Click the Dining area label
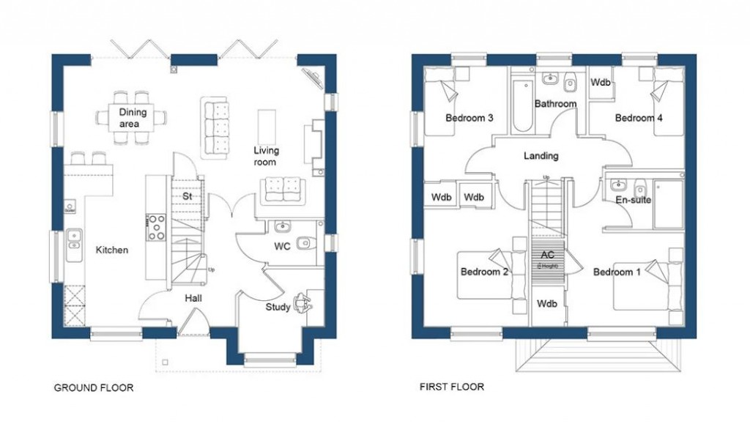(133, 118)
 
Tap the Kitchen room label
(112, 250)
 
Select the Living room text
(266, 156)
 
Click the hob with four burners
(157, 227)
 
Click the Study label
(278, 308)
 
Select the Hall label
(193, 298)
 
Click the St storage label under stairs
(187, 197)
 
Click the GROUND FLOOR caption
(93, 387)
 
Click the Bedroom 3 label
(469, 118)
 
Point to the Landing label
(541, 156)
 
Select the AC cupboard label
(547, 255)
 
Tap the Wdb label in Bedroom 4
(601, 83)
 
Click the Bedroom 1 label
(617, 272)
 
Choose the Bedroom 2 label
(484, 272)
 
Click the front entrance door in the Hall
(193, 323)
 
